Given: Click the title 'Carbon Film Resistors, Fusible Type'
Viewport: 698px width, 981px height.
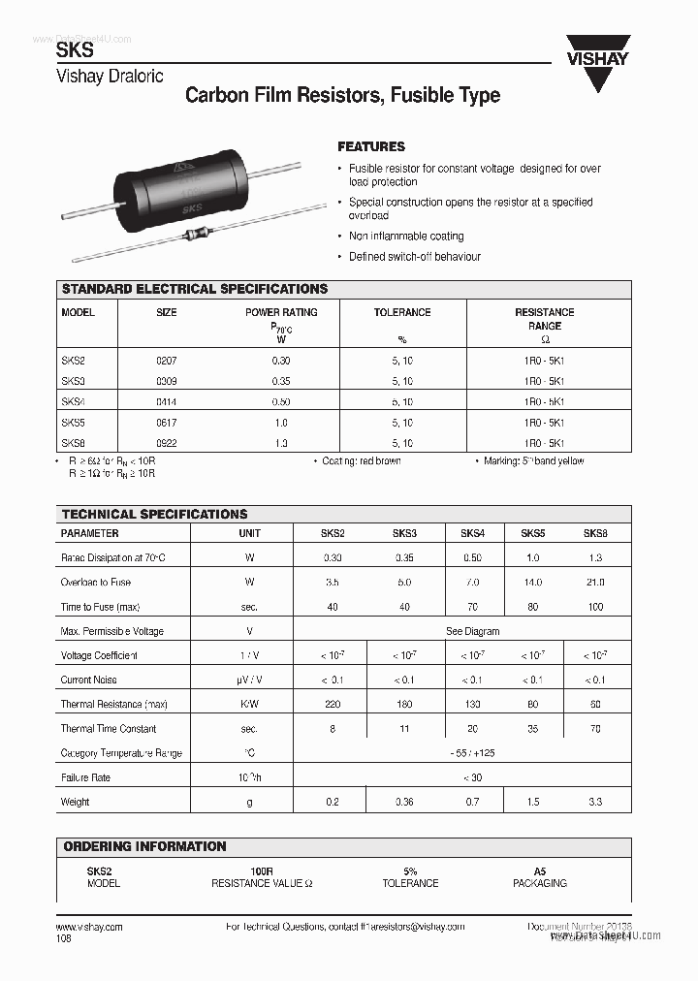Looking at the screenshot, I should point(342,95).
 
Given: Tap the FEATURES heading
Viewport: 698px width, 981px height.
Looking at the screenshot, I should point(370,146).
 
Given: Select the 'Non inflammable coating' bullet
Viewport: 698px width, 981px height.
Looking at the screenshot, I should point(406,237).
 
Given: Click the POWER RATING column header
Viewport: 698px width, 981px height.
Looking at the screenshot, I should point(281,312).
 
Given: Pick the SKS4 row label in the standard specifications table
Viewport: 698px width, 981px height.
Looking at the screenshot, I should point(74,401).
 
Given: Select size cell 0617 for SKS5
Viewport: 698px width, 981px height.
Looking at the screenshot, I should point(167,423).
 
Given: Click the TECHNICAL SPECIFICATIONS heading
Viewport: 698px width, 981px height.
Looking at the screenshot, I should point(154,514).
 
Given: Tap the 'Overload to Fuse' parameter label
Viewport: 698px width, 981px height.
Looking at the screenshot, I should point(96,583).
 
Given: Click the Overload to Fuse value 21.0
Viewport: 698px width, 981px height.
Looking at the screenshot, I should point(594,583).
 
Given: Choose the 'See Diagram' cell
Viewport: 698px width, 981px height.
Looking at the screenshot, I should point(472,631).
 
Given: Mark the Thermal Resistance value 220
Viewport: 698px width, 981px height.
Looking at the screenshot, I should point(332,705).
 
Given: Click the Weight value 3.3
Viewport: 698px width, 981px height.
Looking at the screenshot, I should point(594,802).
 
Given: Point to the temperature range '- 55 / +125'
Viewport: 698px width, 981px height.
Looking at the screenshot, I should point(472,753).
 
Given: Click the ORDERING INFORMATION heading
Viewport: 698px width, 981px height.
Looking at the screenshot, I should point(144,846).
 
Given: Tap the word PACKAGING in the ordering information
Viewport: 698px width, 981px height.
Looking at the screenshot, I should point(539,883).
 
